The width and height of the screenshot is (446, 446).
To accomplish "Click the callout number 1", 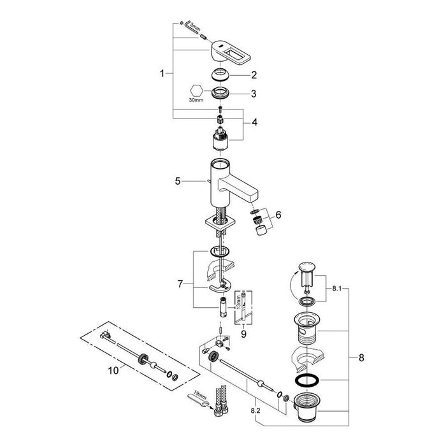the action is (162, 74).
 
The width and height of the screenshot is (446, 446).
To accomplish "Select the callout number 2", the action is (254, 75).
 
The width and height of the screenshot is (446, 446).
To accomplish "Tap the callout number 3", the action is (254, 94).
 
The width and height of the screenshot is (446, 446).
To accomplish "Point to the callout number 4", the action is (254, 122).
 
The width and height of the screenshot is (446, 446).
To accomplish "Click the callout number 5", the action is (178, 181).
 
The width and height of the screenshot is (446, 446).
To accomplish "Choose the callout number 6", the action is (278, 215).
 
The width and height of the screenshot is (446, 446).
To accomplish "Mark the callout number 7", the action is (180, 284).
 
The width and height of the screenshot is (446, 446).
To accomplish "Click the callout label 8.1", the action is (337, 289).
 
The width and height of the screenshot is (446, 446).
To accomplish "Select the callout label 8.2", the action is (255, 410).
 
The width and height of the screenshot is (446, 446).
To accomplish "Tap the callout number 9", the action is (244, 334).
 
